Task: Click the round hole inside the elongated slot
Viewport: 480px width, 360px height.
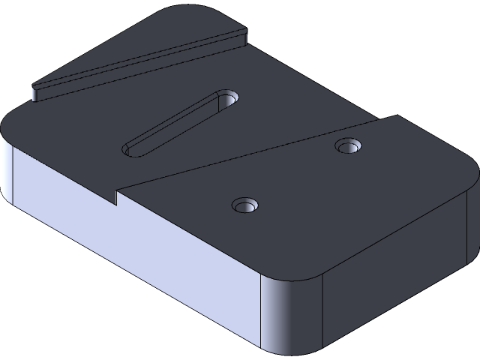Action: (229, 97)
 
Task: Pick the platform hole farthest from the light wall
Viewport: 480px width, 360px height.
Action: (347, 145)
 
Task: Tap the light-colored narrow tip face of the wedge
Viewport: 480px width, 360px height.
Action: (35, 94)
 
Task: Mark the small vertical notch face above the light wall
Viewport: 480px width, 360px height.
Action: (118, 197)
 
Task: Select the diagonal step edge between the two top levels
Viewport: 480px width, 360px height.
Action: (247, 154)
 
